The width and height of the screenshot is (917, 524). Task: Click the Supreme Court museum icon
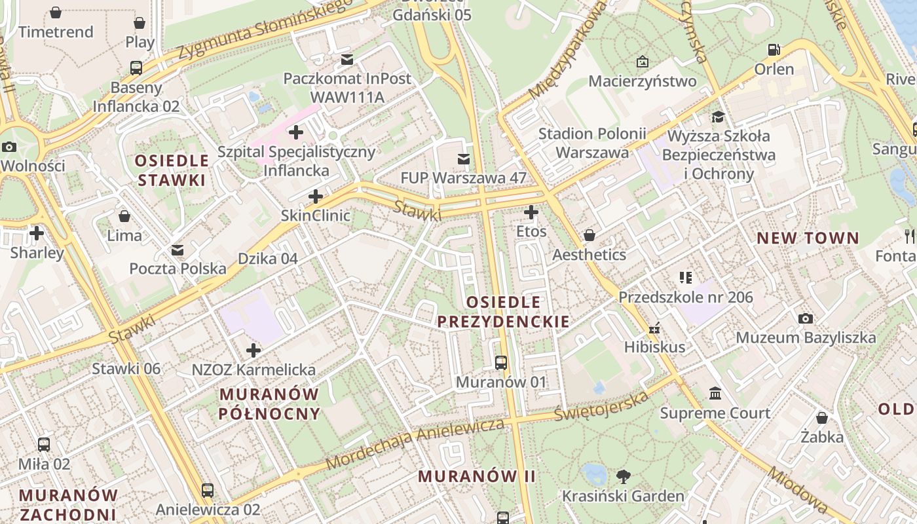[x=715, y=394]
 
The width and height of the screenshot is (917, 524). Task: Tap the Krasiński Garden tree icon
[x=623, y=476]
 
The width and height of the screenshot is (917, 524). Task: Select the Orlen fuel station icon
[x=774, y=50]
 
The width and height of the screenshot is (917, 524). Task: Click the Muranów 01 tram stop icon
[x=501, y=362]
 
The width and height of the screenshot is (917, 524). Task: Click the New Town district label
[x=808, y=238]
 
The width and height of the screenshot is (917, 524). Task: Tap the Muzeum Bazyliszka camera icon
[x=806, y=318]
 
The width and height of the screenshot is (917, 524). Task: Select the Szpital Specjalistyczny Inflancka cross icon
[x=296, y=132]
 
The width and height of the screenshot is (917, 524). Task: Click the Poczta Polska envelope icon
[x=178, y=250]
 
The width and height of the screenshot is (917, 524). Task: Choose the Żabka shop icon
[x=822, y=417]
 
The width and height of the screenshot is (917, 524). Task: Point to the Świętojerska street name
[x=601, y=405]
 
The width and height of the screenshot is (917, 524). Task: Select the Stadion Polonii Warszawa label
[x=592, y=143]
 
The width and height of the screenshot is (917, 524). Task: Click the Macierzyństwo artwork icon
[x=642, y=62]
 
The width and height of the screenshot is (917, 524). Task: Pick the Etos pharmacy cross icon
[x=531, y=212]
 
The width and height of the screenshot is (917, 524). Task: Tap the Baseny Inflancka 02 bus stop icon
[x=136, y=67]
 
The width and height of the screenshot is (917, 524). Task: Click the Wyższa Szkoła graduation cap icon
[x=719, y=117]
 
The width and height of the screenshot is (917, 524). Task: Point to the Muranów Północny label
[x=270, y=403]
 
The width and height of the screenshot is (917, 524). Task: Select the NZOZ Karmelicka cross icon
[x=253, y=350]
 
